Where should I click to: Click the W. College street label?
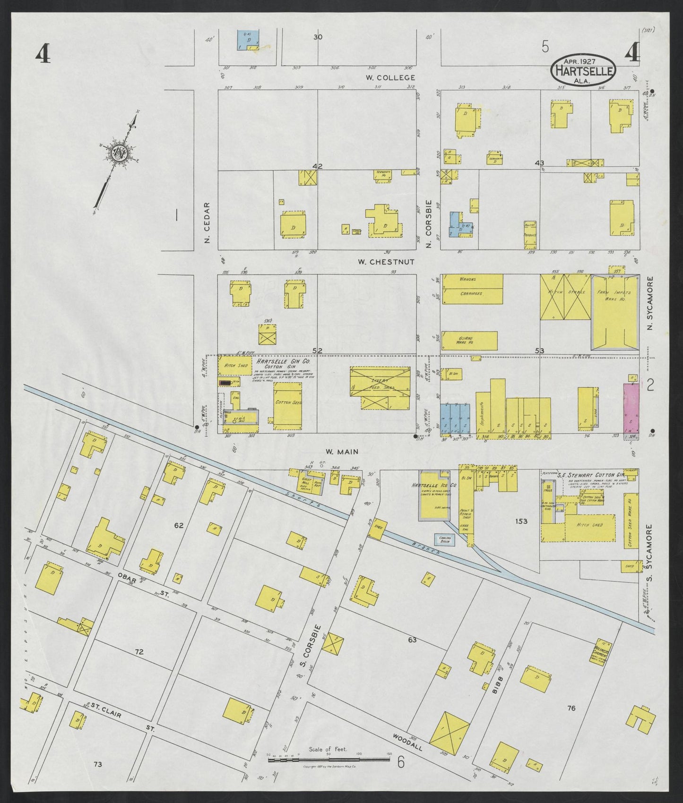point(390,77)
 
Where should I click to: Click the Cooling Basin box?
point(445,539)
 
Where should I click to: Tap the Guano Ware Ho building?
point(470,340)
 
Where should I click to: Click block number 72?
point(139,652)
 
